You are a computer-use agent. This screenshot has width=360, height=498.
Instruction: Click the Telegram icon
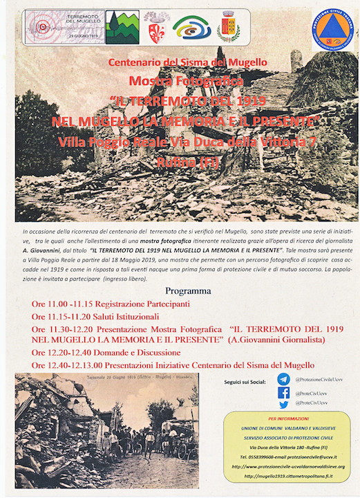click(x=283, y=379)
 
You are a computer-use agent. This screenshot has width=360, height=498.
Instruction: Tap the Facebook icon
click(x=283, y=392)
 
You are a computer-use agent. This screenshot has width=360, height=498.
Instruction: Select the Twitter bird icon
click(x=283, y=405)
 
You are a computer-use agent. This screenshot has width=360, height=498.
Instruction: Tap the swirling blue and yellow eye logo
click(x=191, y=27)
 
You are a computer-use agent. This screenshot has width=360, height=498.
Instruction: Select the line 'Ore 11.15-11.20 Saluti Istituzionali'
click(x=95, y=315)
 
